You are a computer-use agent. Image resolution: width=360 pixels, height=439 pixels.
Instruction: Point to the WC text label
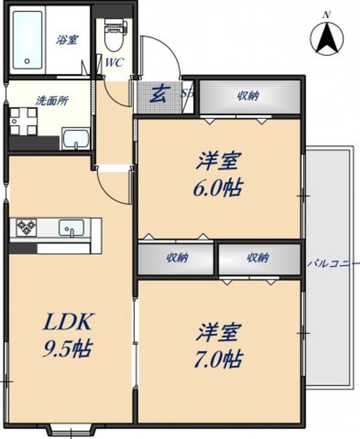115,62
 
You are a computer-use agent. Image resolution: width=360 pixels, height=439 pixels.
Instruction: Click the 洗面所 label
52,100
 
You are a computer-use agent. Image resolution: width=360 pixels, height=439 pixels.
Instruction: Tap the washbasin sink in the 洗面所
75,139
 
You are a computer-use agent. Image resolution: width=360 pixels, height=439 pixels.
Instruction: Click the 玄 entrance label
158,94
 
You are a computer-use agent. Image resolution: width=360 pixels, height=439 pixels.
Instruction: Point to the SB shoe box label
187,94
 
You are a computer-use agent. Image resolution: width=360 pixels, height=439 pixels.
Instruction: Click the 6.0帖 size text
218,188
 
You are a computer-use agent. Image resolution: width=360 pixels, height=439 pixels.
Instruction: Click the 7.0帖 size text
218,358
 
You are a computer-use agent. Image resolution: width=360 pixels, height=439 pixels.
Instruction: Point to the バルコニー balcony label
333,263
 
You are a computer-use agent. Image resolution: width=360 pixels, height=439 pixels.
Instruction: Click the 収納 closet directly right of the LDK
176,258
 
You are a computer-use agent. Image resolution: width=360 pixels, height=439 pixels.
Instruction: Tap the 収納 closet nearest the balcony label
258,258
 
